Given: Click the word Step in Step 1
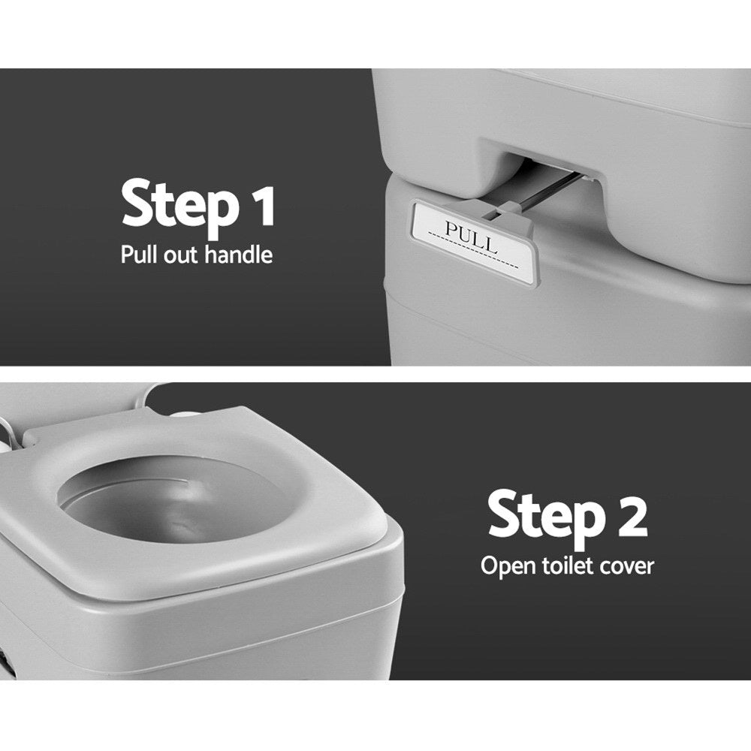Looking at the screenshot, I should point(177,205).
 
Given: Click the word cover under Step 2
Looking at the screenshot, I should point(626,565).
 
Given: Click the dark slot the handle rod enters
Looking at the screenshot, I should point(541,169).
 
